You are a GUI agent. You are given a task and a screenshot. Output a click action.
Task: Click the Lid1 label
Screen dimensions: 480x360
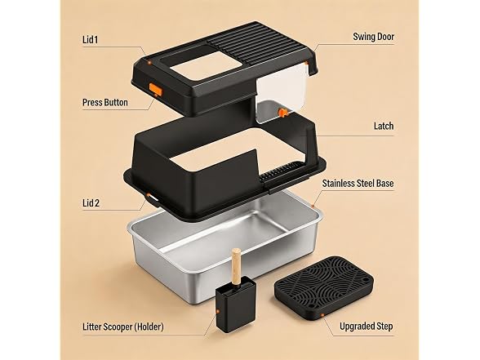tap(91, 40)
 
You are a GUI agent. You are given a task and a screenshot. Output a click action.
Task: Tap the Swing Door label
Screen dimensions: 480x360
tap(374, 37)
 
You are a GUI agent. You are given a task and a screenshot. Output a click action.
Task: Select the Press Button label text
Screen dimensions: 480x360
tap(105, 102)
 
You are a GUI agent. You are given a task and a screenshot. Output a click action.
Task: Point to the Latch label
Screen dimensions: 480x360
tap(384, 126)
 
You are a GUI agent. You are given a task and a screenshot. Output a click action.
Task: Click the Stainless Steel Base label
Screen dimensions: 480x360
tap(358, 184)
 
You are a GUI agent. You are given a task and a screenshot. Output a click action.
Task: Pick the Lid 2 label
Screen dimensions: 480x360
tap(91, 203)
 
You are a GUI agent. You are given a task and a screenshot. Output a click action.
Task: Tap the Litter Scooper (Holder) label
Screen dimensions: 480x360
tap(123, 327)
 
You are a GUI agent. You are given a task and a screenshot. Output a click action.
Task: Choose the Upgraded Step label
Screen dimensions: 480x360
tap(366, 327)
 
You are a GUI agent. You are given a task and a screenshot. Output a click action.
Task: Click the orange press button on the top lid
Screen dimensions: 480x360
tap(155, 89)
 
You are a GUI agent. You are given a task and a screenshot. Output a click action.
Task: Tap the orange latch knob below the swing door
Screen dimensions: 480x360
tap(282, 113)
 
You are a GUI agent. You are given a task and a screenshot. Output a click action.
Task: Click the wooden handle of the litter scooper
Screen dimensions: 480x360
tap(236, 265)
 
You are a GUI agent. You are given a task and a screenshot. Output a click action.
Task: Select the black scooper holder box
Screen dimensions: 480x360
tap(236, 304)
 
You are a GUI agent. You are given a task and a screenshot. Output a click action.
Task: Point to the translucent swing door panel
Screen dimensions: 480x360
tap(281, 91)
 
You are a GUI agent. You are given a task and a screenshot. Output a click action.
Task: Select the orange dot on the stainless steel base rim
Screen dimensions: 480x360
tap(313, 206)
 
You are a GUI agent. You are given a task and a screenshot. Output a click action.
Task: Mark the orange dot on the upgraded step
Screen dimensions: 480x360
tap(322, 315)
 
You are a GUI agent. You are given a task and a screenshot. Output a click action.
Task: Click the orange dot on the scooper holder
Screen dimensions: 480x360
tap(218, 311)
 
